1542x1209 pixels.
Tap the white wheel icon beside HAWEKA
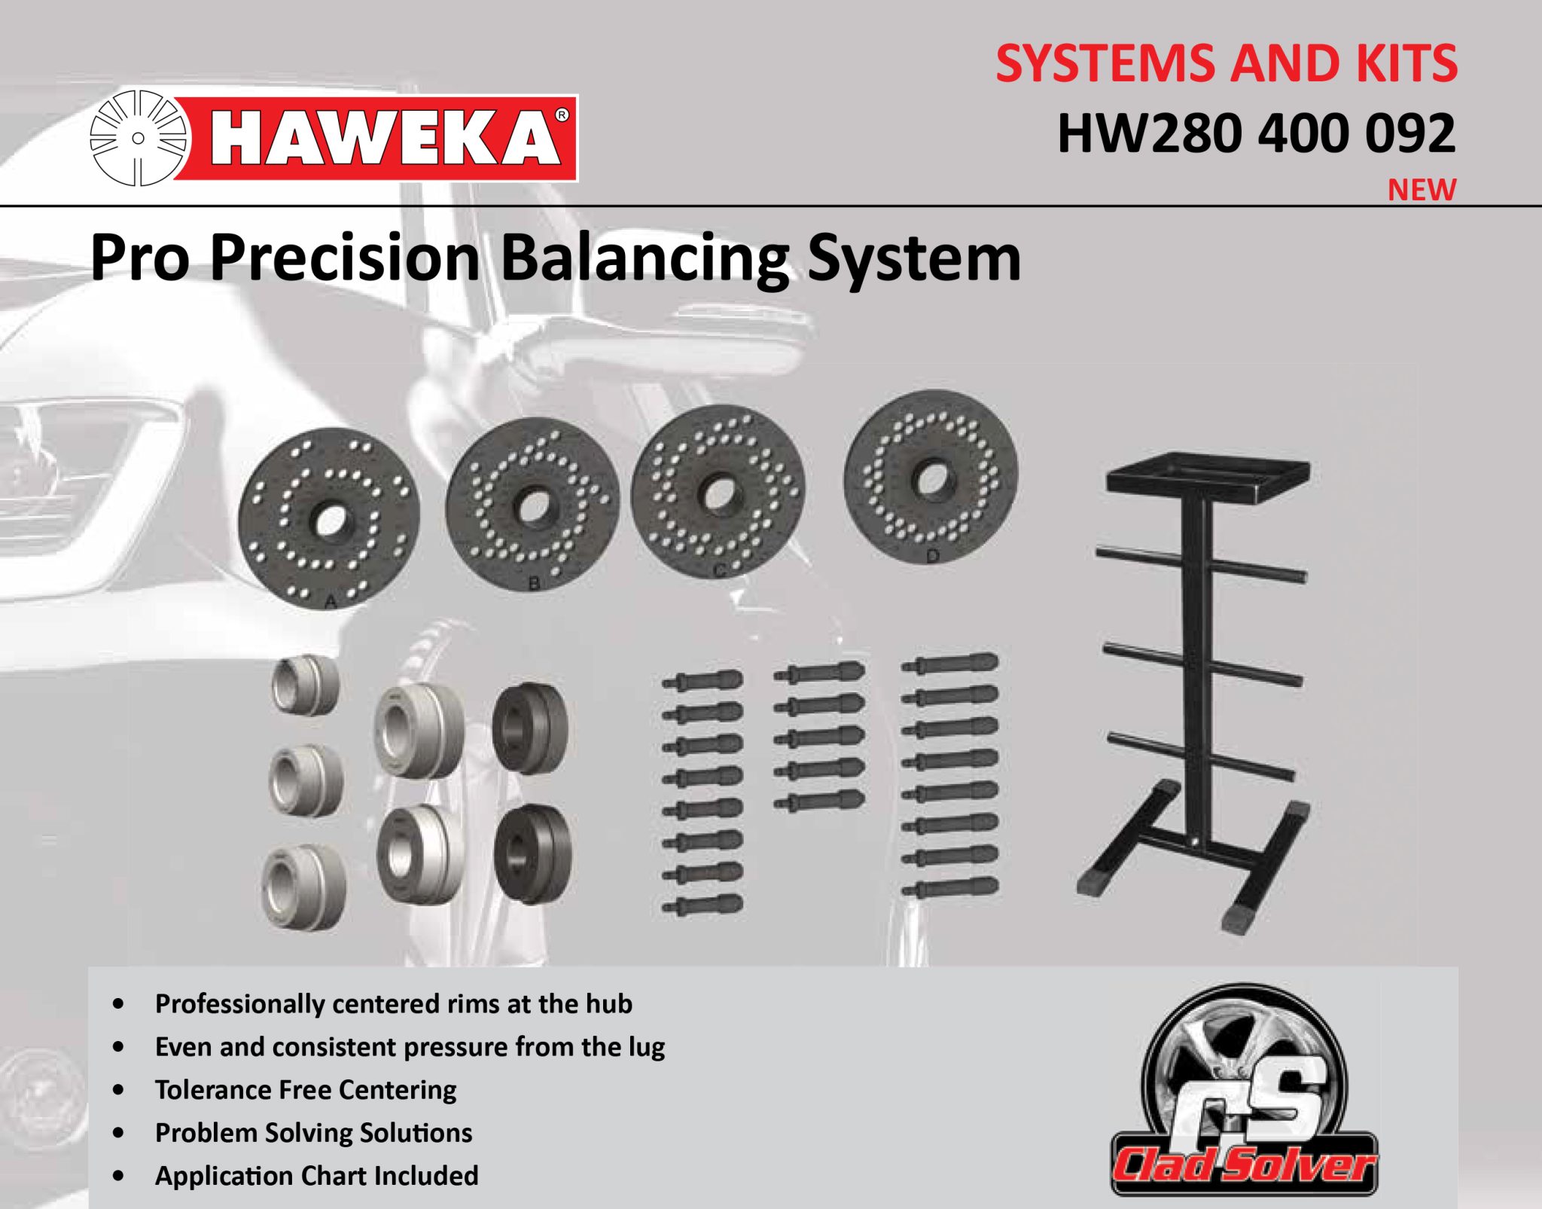pos(138,138)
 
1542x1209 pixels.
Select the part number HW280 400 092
pos(1256,134)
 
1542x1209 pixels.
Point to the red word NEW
pos(1422,190)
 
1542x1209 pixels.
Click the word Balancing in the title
pos(645,258)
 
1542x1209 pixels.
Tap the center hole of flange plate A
pos(329,520)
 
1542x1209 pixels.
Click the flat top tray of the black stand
pos(1208,477)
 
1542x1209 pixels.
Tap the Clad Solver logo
pos(1245,1092)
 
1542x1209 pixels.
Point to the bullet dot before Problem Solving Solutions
pos(118,1133)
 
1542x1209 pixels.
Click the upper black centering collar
pos(531,728)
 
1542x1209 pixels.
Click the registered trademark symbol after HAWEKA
pos(561,115)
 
